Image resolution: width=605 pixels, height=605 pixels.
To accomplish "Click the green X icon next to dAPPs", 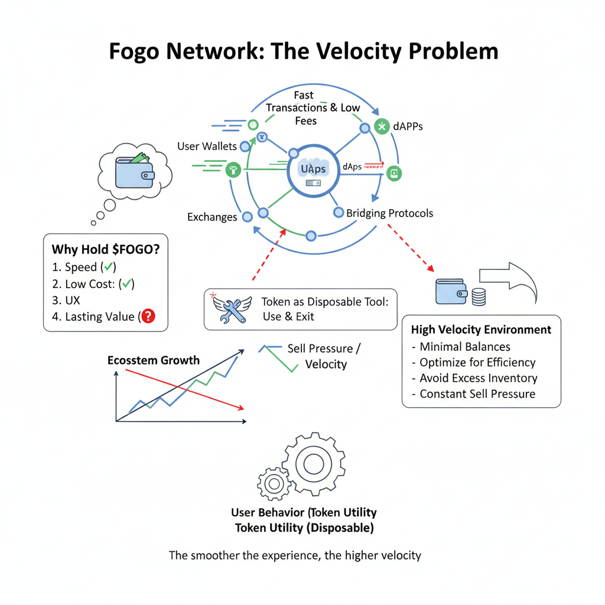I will (x=382, y=126).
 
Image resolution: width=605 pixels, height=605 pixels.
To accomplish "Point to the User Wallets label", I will (x=207, y=146).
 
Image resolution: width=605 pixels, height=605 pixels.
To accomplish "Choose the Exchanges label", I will (x=212, y=217).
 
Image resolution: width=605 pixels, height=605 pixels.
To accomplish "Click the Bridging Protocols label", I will (x=389, y=213).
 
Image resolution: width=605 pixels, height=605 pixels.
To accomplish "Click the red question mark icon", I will (x=148, y=317).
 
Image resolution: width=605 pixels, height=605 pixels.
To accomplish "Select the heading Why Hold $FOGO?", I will (x=106, y=249).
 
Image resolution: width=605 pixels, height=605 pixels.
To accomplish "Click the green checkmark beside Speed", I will (x=109, y=266).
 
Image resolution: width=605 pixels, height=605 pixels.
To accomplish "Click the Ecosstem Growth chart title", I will (x=154, y=360).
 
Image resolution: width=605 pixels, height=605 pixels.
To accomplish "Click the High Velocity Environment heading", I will (x=481, y=330).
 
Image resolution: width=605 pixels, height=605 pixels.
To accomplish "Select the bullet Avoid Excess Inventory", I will (x=479, y=378).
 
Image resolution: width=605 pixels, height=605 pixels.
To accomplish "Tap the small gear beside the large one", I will (x=274, y=484).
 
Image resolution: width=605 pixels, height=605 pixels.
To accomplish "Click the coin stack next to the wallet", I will (x=479, y=295).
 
